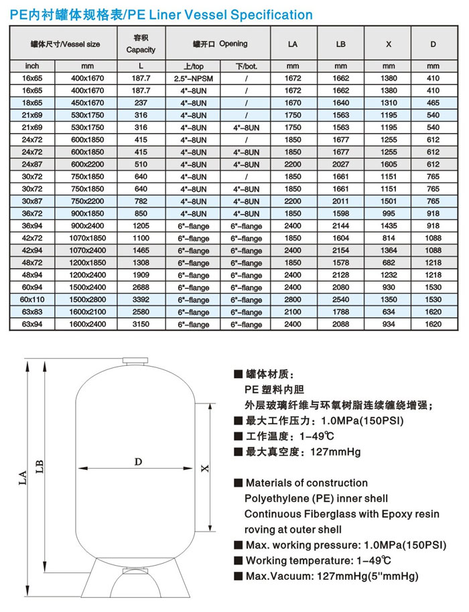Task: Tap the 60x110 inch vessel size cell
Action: pyautogui.click(x=32, y=300)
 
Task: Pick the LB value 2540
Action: pyautogui.click(x=340, y=300)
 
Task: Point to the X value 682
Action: pyautogui.click(x=389, y=263)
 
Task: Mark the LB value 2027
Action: pyautogui.click(x=340, y=164)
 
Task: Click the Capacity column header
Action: pyautogui.click(x=141, y=44)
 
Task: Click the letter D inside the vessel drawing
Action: pyautogui.click(x=138, y=462)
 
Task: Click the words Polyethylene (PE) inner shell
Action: pyautogui.click(x=316, y=499)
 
